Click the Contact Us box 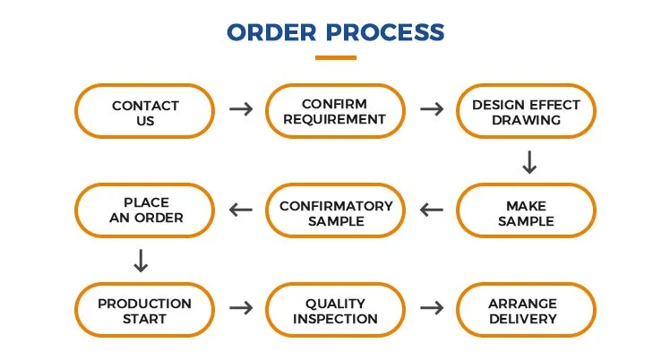[x=145, y=111]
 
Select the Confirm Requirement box [x=335, y=111]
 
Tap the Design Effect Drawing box [x=526, y=111]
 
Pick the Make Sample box [x=526, y=210]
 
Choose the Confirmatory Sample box [x=335, y=210]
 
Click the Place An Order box [x=145, y=210]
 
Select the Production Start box [x=145, y=310]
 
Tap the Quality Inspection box [x=335, y=310]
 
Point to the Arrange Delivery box [x=526, y=310]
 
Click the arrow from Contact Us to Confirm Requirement [x=241, y=109]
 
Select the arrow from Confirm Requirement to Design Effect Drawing [x=432, y=109]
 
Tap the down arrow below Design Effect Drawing [x=529, y=162]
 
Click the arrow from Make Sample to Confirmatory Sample [x=432, y=210]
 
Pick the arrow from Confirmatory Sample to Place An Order [x=241, y=210]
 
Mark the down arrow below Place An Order [x=141, y=261]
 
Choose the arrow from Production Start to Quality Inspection [x=241, y=308]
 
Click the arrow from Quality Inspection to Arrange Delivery [x=432, y=308]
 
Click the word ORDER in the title [x=271, y=32]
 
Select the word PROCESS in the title [x=385, y=32]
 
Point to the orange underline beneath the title [x=336, y=57]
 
